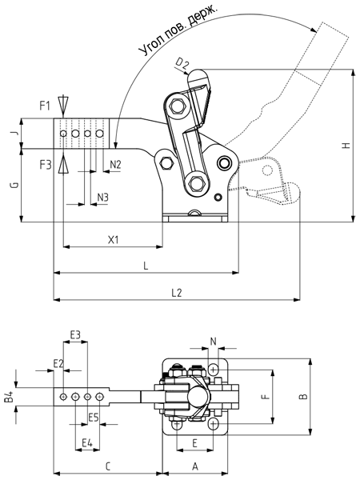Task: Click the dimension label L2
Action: pyautogui.click(x=177, y=293)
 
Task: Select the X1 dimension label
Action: pyautogui.click(x=114, y=240)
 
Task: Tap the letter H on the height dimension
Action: pyautogui.click(x=346, y=145)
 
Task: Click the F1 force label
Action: pyautogui.click(x=45, y=106)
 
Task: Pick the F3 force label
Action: pyautogui.click(x=46, y=165)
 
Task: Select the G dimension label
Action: pyautogui.click(x=15, y=186)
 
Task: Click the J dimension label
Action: pyautogui.click(x=15, y=133)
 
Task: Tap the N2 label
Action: pyautogui.click(x=115, y=165)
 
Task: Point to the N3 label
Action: pyautogui.click(x=103, y=198)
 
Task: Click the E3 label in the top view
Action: pyautogui.click(x=75, y=335)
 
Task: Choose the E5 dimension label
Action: pyautogui.click(x=94, y=417)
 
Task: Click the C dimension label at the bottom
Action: pyautogui.click(x=108, y=467)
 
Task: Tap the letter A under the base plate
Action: pyautogui.click(x=195, y=467)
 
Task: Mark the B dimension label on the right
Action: pyautogui.click(x=303, y=397)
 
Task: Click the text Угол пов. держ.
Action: pyautogui.click(x=178, y=31)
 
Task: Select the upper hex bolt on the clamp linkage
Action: pyautogui.click(x=177, y=106)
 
